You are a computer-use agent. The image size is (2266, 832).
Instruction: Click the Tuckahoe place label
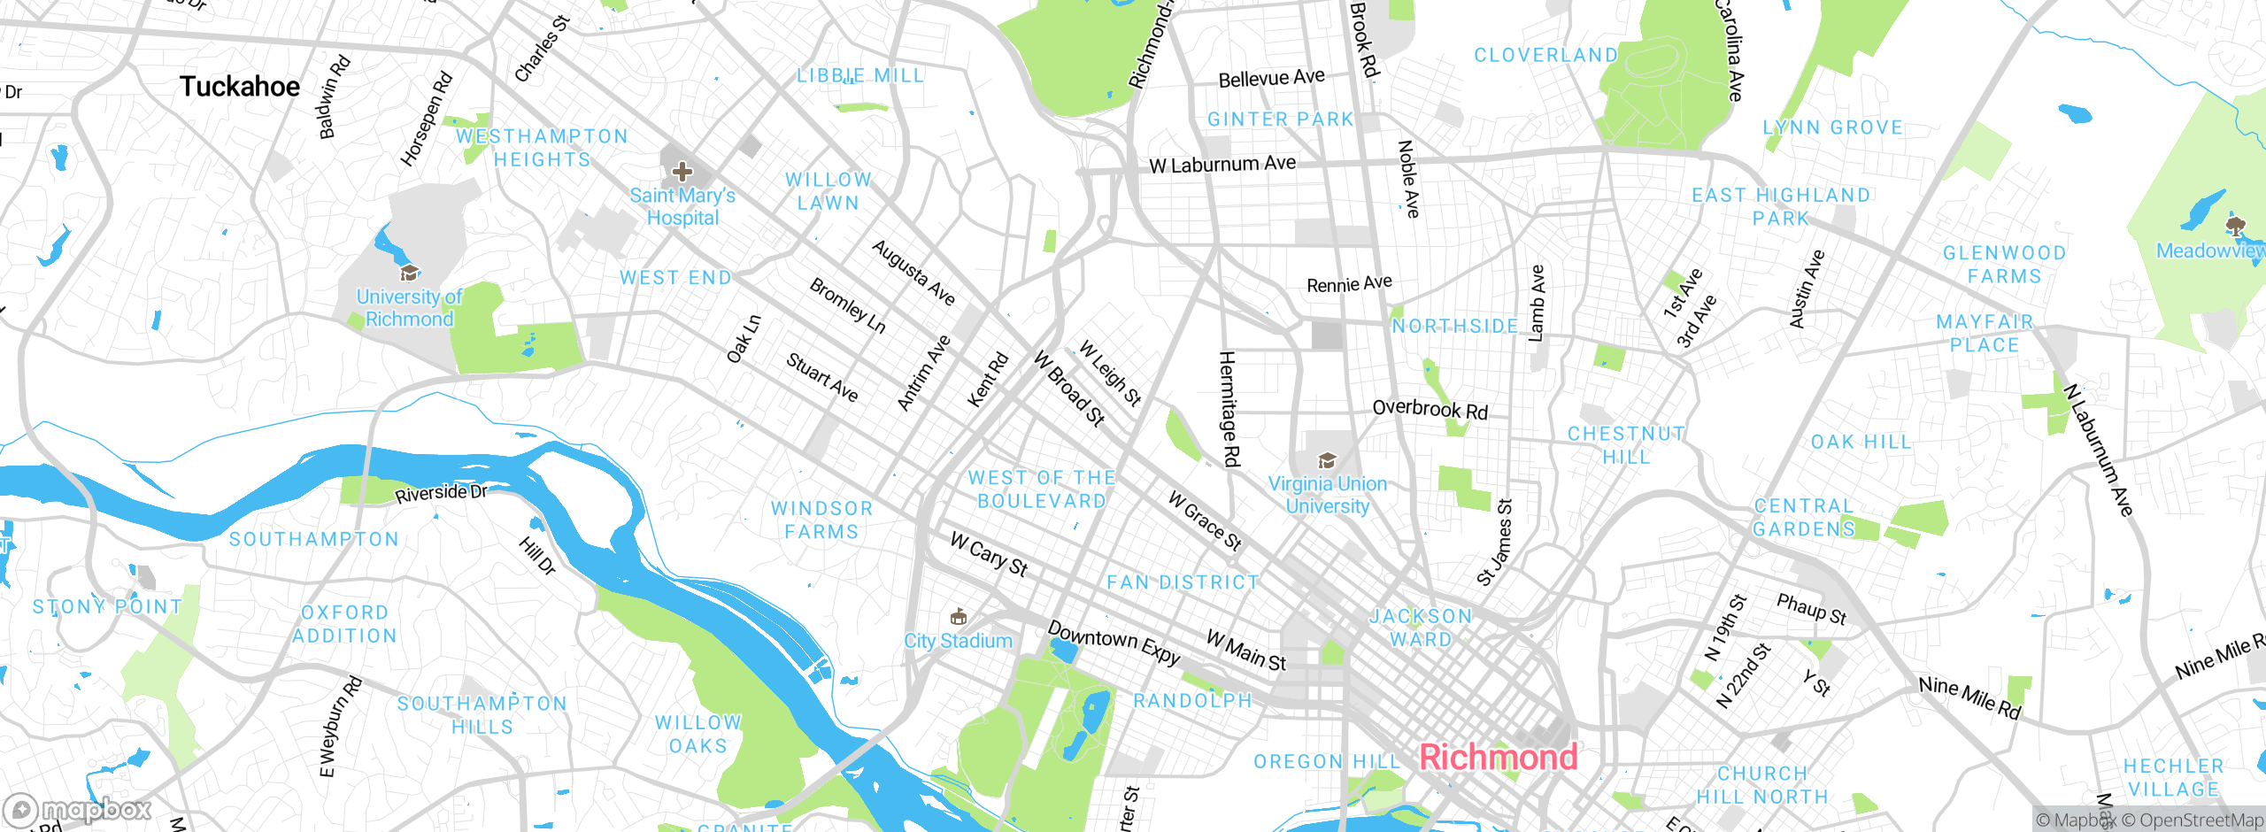tap(240, 87)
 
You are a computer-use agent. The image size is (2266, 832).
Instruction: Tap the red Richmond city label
tap(1498, 758)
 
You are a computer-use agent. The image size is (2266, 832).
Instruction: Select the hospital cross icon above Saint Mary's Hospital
tap(682, 171)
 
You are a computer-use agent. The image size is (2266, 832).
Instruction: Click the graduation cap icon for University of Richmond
tap(409, 273)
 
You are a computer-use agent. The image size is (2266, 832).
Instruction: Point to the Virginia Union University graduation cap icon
tap(1327, 460)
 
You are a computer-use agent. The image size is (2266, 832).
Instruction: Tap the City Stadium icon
tap(958, 617)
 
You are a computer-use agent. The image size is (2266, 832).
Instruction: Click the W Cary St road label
tap(989, 555)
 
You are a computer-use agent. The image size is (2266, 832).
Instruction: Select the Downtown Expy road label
tap(1114, 643)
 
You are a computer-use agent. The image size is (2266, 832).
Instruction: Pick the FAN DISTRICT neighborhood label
tap(1183, 582)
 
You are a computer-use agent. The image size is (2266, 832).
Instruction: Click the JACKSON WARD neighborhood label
tap(1421, 628)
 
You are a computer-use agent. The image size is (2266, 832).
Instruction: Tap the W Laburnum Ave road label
tap(1222, 165)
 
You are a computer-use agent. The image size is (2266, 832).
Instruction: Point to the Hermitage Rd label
tap(1229, 409)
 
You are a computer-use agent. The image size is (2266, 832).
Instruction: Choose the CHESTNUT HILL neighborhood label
tap(1626, 445)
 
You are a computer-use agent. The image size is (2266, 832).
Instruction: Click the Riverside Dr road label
tap(441, 493)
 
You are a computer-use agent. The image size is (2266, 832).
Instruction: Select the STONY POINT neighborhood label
tap(107, 607)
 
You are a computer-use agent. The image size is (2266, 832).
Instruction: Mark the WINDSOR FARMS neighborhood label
tap(821, 520)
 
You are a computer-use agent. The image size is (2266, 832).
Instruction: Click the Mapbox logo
tap(78, 810)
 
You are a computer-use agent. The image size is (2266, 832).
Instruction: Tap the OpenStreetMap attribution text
tap(2192, 820)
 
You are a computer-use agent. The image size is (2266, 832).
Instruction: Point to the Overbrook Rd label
tap(1430, 409)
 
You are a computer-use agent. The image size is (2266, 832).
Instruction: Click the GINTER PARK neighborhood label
tap(1280, 119)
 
